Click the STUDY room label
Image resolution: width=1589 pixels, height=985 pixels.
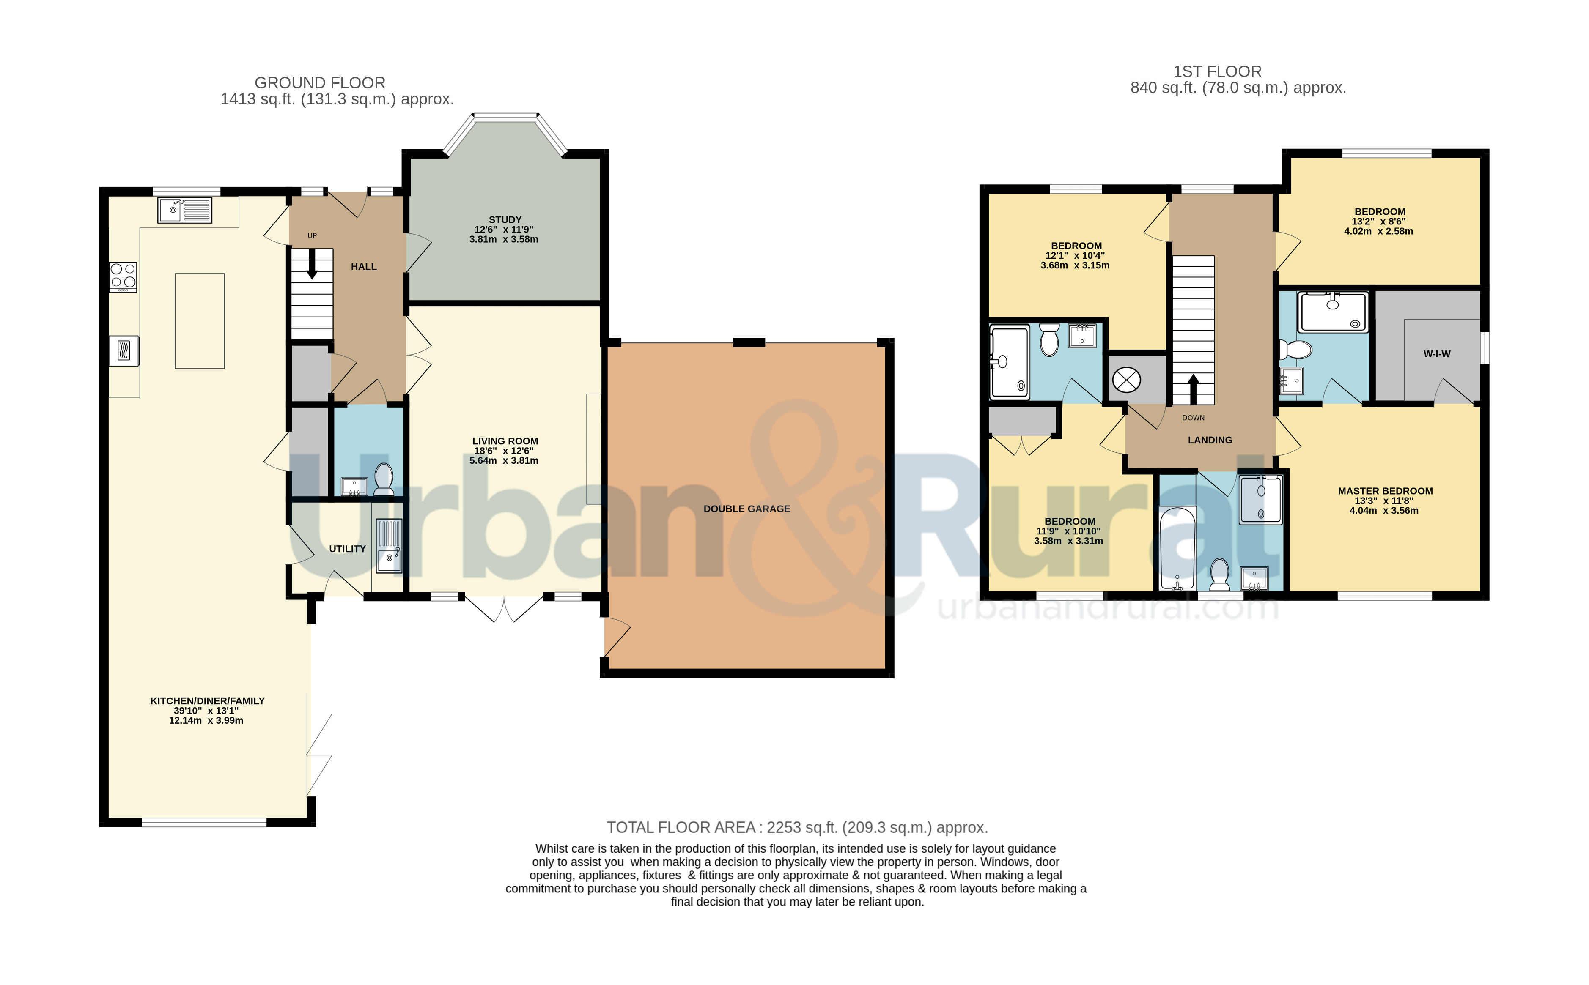coord(505,219)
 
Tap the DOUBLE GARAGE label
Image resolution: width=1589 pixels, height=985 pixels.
coord(747,509)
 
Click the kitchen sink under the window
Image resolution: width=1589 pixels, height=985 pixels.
coord(184,210)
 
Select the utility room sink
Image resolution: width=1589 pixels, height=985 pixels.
coord(389,546)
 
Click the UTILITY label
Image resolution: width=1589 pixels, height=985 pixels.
coord(347,549)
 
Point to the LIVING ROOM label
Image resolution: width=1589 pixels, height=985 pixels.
coord(505,441)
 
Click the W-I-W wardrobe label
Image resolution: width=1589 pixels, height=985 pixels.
coord(1437,354)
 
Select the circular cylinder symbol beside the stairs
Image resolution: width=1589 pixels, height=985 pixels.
coord(1126,380)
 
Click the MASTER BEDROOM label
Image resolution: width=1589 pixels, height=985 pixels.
coord(1386,491)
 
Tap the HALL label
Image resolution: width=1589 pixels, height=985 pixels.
coord(364,266)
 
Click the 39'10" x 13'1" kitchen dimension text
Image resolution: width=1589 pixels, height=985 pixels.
coord(206,711)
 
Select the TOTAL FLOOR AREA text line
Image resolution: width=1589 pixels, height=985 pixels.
coord(797,827)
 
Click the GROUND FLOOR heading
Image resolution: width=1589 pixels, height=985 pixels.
coord(320,83)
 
